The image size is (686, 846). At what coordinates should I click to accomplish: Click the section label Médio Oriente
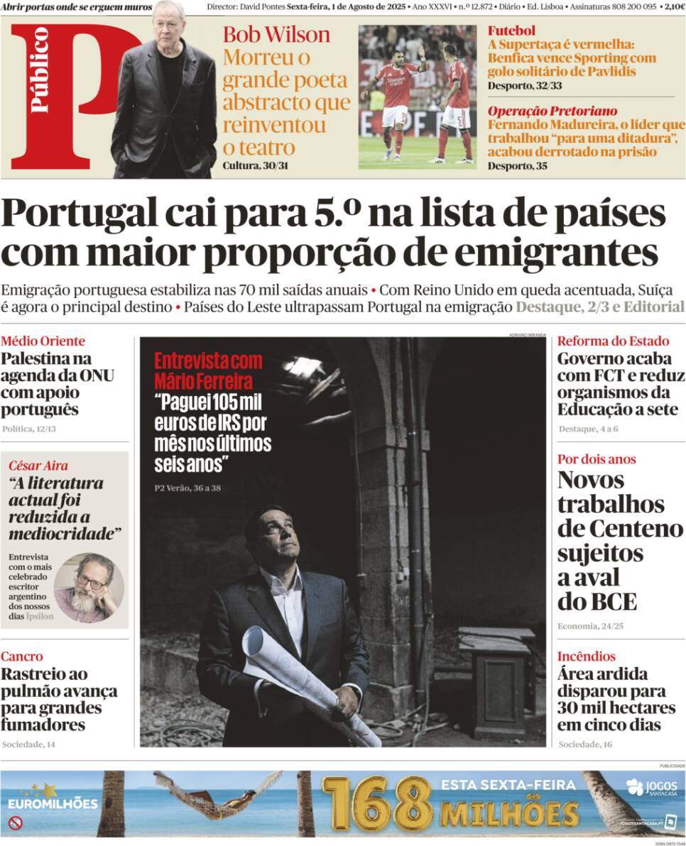tap(43, 341)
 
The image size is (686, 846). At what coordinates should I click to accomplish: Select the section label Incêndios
tap(586, 657)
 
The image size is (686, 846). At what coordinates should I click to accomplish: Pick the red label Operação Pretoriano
tap(552, 111)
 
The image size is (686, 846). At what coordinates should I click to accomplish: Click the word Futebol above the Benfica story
tap(511, 31)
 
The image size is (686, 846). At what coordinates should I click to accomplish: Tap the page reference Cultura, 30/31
tap(256, 166)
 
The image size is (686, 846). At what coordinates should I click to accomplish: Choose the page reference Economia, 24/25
tap(590, 626)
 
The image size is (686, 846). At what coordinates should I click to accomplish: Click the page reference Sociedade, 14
tap(28, 745)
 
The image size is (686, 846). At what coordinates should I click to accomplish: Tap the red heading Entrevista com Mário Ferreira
tap(208, 370)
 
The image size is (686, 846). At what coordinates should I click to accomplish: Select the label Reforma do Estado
tap(603, 341)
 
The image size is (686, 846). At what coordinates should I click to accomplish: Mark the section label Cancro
tap(21, 657)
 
